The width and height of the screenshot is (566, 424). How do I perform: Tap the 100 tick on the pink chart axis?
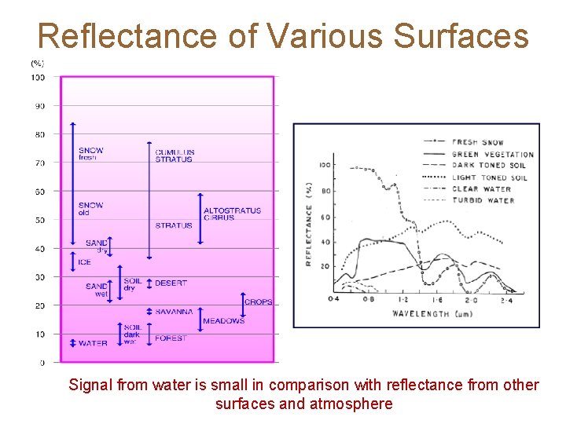point(38,77)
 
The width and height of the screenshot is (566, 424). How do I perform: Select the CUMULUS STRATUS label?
point(175,155)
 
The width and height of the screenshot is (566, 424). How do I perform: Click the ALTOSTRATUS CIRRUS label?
point(232,214)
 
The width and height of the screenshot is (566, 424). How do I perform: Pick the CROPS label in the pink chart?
point(259,302)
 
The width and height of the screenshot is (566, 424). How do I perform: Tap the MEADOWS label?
point(223,321)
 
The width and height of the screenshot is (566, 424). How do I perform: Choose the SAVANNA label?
point(174,312)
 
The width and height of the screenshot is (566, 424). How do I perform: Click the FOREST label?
point(171,338)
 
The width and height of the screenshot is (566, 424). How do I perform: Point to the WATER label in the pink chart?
point(93,343)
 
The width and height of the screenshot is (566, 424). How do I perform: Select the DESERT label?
point(171,283)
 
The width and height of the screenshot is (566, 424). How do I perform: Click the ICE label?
point(85,261)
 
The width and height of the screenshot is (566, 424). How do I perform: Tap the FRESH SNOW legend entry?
point(478,142)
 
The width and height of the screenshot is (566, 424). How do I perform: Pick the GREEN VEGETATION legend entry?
point(492,154)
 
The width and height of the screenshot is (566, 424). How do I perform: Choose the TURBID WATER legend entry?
point(483,200)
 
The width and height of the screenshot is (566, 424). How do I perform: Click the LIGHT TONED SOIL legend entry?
point(489,177)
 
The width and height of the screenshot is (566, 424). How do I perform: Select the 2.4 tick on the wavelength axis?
point(506,299)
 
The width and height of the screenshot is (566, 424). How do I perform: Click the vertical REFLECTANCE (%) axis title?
point(310,224)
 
